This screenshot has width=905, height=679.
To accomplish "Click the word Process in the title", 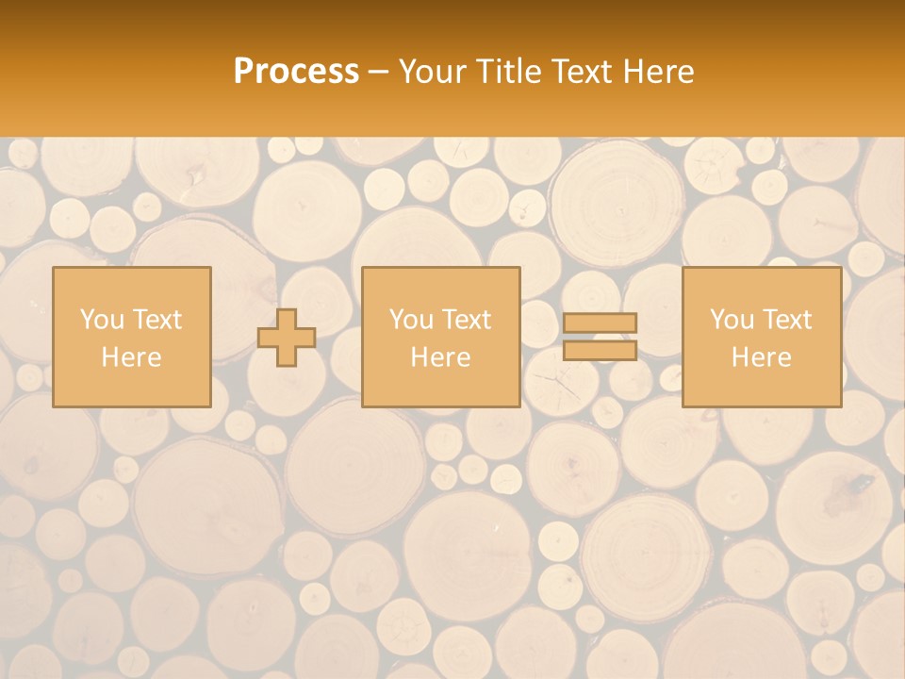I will coord(296,72).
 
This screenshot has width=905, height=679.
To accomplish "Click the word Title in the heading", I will coord(510,72).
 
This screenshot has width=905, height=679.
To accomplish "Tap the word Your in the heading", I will coord(435,72).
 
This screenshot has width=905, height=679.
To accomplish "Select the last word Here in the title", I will coord(659,72).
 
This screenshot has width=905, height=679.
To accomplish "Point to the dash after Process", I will coord(378,73).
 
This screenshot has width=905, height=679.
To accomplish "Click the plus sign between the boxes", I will coord(287,338).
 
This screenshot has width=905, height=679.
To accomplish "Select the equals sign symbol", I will coord(600,337).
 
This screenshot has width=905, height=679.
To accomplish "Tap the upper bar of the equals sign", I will coord(600,323).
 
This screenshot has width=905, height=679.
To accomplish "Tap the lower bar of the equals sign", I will coord(600,351).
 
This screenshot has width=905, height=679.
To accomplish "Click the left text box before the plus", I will coord(132,337).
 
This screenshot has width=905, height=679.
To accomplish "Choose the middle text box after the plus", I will coord(440,337).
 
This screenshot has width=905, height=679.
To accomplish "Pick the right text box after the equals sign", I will coord(761,337).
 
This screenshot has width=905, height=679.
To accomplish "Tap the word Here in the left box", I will coord(132,357).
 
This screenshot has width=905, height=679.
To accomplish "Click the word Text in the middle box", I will coord(466,319).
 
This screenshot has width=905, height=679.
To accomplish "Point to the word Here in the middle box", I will coord(440,357).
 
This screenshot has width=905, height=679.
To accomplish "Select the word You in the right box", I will coord(732,319).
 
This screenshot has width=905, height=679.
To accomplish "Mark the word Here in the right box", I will coord(761,357).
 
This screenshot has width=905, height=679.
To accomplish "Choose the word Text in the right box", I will coord(786,319).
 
